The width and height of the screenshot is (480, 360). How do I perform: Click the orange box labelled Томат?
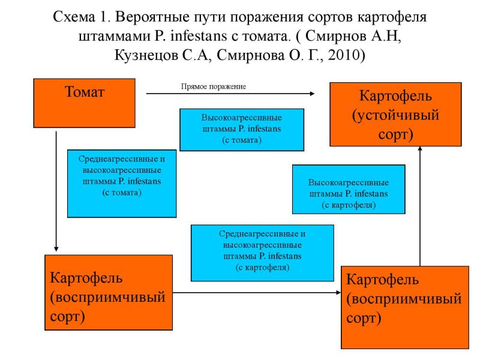tap(84, 103)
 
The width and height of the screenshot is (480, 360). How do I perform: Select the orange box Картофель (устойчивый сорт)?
tap(395, 114)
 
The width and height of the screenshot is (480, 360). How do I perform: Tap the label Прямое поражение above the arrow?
tap(214, 86)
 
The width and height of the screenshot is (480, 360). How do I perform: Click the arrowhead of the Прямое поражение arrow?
tap(312, 94)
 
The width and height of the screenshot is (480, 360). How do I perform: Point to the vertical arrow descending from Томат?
tap(56, 191)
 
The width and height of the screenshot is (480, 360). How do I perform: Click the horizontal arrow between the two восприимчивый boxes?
tap(257, 293)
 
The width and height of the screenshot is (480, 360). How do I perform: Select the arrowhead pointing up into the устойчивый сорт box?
tap(420, 148)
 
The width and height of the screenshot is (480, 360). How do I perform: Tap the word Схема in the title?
tap(74, 17)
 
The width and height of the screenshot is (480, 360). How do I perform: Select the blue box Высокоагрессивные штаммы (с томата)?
tap(242, 130)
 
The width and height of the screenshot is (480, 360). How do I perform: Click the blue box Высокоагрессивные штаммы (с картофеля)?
tap(349, 189)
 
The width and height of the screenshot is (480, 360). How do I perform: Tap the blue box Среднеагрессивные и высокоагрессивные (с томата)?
tap(122, 184)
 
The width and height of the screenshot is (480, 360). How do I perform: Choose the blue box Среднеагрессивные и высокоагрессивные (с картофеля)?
tap(262, 253)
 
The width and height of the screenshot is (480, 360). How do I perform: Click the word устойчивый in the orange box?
tap(395, 115)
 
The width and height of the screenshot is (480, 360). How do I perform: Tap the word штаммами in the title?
tap(115, 36)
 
